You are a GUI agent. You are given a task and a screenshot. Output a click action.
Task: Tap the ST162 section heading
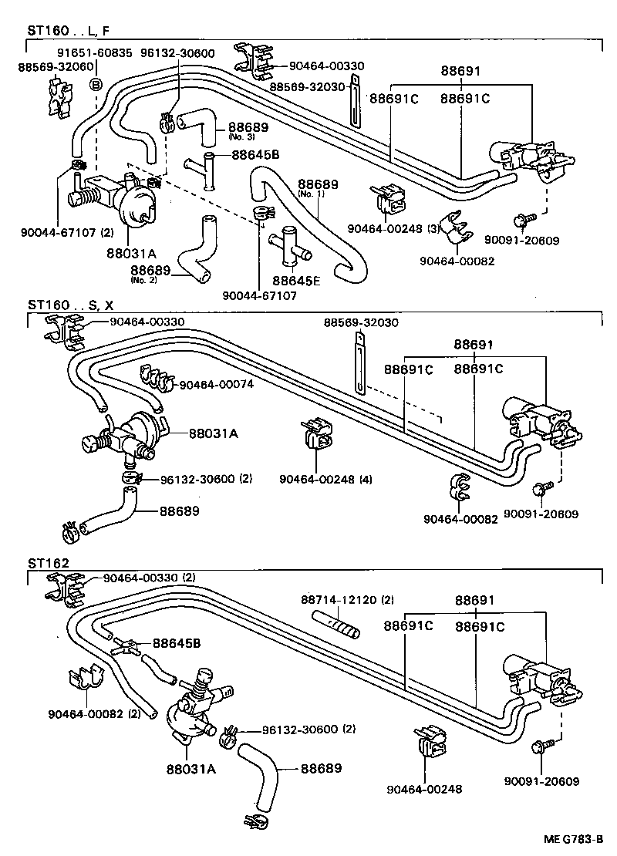(x=48, y=563)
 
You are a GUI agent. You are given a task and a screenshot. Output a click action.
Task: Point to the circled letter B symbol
(x=96, y=84)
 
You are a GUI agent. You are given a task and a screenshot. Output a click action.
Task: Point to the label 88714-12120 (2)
(x=347, y=599)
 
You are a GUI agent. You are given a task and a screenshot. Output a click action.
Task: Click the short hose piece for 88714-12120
(x=337, y=622)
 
